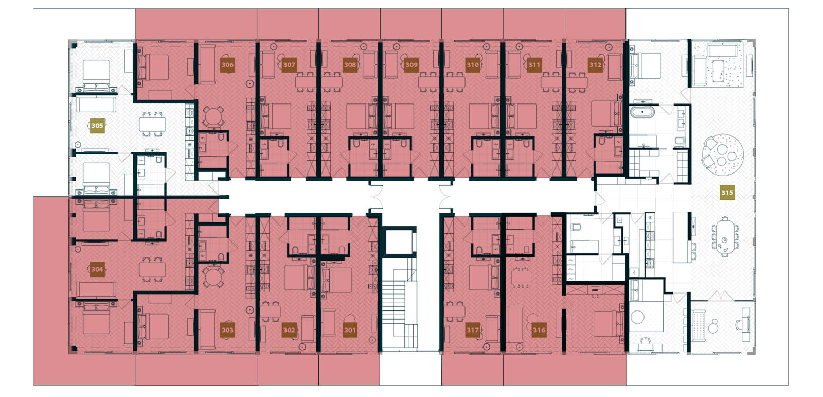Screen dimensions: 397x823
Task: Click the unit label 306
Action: tap(227, 65)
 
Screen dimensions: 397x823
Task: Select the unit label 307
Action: tap(289, 65)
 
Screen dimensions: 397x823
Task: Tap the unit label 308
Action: tap(350, 65)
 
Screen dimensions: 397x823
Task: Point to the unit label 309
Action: tap(411, 65)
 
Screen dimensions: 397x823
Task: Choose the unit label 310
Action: tap(473, 65)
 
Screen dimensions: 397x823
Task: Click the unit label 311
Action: tap(534, 65)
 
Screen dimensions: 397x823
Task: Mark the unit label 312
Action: tap(595, 65)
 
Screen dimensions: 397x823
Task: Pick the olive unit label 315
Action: tap(727, 193)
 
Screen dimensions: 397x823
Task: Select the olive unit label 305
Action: tap(97, 125)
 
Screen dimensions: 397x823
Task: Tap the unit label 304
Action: tap(97, 269)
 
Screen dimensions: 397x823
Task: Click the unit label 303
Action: tap(227, 330)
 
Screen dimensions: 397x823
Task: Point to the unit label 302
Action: tap(289, 330)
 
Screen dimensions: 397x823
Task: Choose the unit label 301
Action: tap(350, 330)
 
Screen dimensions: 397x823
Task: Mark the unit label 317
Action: tap(473, 330)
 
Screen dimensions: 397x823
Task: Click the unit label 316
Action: tap(539, 330)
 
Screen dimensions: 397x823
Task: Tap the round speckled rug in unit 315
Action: tap(723, 150)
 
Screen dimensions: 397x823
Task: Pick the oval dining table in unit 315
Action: tap(724, 236)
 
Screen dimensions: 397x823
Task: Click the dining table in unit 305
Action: tap(152, 124)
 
